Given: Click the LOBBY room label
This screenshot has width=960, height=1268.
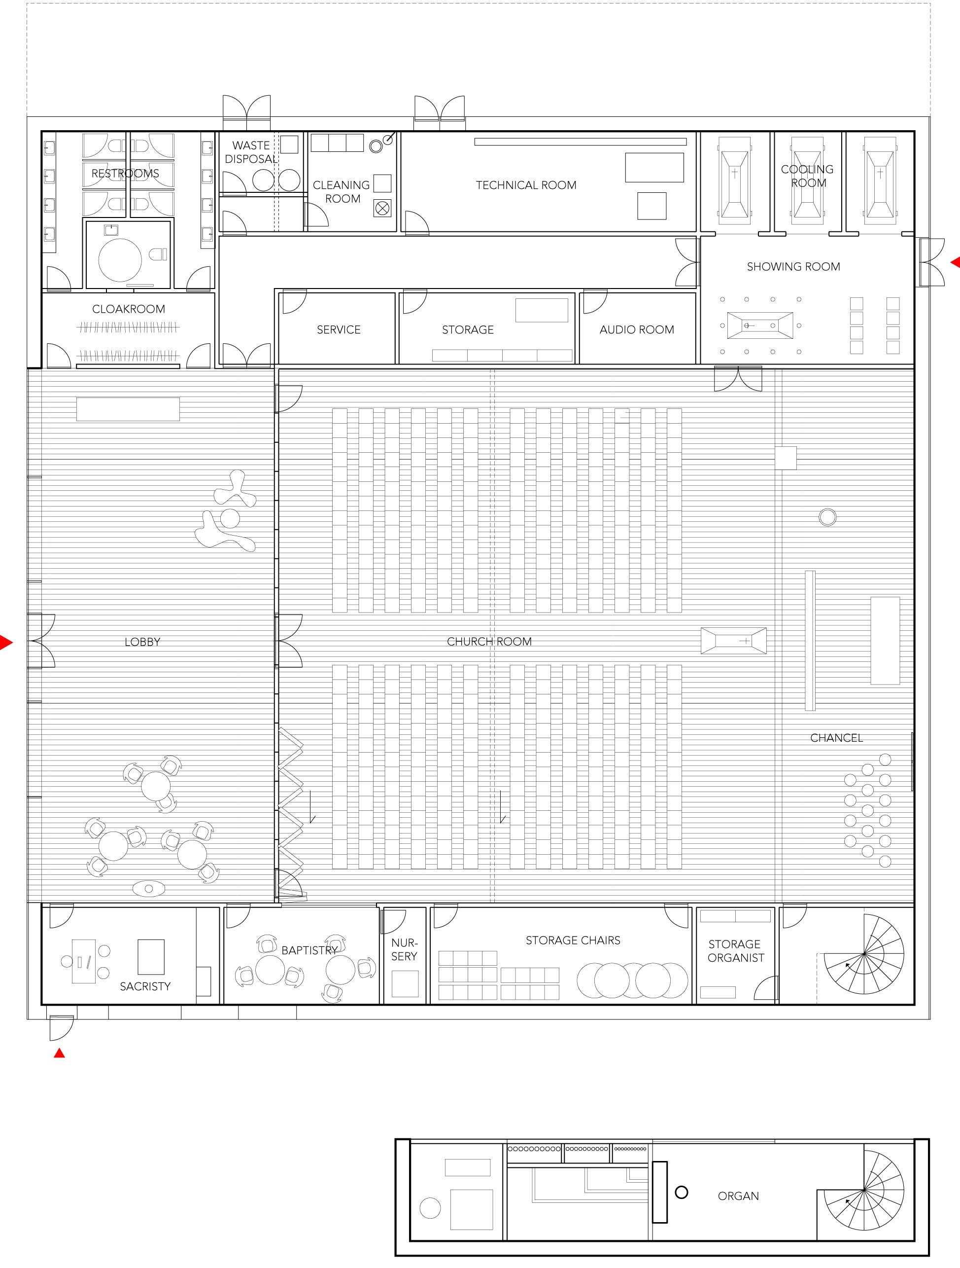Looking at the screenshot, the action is (142, 642).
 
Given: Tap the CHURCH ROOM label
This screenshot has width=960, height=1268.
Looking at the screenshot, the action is (489, 642).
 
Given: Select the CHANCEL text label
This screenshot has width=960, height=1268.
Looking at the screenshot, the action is (836, 738).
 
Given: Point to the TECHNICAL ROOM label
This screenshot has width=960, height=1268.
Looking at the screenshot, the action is (526, 185).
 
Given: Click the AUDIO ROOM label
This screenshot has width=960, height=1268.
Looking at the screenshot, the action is (637, 329).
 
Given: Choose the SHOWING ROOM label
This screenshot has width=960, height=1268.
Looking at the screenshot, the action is (793, 266).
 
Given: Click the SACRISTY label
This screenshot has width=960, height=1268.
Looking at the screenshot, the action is (145, 986).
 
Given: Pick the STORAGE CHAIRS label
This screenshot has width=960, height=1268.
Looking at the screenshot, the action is (573, 940).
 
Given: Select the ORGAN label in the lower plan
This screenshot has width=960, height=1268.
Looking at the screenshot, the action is (738, 1196).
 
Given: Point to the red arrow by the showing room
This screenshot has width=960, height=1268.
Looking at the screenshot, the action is (955, 262).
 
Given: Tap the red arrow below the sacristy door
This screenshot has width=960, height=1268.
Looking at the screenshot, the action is (59, 1053).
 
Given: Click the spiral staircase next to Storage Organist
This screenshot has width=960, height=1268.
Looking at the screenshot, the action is (864, 954).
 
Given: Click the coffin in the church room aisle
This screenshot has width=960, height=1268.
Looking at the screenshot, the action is (734, 641).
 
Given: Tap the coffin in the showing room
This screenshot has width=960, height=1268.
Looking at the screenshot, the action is (760, 326).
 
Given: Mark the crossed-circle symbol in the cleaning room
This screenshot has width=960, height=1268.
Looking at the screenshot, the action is (382, 208).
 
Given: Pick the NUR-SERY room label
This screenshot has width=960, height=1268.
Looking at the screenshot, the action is (405, 949).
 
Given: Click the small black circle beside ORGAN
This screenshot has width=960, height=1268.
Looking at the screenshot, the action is (681, 1193).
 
